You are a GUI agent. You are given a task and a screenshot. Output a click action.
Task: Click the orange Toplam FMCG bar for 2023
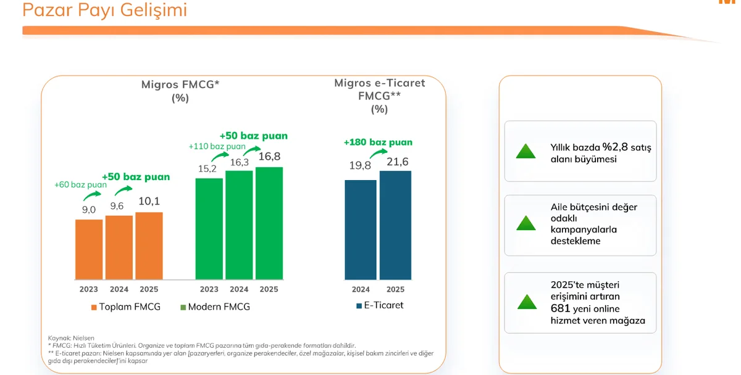[89, 249]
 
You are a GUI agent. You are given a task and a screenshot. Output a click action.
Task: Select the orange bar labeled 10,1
[149, 246]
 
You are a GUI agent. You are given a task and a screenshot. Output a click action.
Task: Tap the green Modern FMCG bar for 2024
[239, 225]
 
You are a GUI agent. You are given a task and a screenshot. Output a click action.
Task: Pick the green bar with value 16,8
[269, 223]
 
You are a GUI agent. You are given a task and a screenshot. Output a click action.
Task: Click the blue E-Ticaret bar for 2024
[361, 229]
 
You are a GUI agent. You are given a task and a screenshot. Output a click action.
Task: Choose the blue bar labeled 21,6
[395, 225]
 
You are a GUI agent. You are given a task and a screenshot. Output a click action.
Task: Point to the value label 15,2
[207, 169]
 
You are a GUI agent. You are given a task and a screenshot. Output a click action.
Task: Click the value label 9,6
[117, 206]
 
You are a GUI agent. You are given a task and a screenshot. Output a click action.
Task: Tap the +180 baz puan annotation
[378, 142]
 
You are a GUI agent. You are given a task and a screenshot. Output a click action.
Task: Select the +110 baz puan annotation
[217, 146]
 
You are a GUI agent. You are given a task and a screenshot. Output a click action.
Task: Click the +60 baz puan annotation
[80, 184]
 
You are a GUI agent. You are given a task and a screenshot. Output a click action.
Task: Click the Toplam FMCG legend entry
[126, 307]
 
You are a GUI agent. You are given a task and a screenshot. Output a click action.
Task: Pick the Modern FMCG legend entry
[215, 307]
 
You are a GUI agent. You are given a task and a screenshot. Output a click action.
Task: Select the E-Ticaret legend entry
[380, 305]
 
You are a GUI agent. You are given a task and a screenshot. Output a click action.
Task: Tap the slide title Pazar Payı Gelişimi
[104, 10]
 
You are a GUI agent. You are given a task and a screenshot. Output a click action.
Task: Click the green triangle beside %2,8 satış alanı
[525, 151]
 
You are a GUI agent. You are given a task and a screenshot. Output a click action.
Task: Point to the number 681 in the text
[561, 308]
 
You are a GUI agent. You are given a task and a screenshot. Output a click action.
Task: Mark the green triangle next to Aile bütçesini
[526, 223]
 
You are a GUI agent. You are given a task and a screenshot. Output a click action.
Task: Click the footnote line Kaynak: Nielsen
[71, 338]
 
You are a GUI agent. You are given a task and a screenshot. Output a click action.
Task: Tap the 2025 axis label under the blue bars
[395, 289]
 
